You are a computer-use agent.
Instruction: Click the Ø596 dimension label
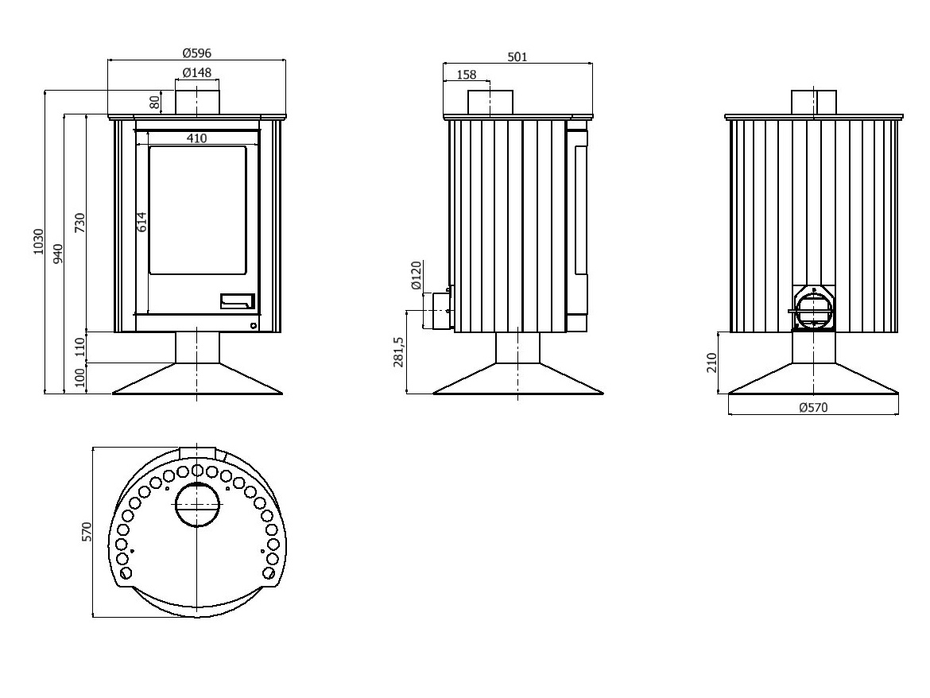click(196, 52)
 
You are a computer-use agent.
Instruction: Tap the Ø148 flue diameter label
click(197, 72)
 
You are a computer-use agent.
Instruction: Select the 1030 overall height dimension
click(39, 242)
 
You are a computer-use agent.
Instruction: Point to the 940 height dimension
click(57, 254)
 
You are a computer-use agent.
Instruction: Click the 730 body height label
click(80, 223)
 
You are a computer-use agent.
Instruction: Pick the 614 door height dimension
click(141, 222)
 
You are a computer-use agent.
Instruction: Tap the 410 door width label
click(197, 138)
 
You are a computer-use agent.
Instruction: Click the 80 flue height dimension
click(155, 102)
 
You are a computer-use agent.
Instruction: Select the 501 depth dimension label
click(517, 57)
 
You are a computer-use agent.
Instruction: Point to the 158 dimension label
click(467, 75)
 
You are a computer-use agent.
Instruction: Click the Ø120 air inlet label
click(416, 275)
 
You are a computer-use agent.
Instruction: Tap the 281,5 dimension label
click(398, 352)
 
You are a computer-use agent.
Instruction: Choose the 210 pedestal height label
click(711, 363)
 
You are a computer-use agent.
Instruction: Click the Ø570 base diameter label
click(813, 407)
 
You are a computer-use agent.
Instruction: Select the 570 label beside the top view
click(87, 531)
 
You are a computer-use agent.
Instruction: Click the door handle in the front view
click(238, 301)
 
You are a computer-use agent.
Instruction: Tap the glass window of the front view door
click(197, 210)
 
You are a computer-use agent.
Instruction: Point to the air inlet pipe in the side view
click(439, 309)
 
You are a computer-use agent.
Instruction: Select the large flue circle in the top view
click(197, 504)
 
